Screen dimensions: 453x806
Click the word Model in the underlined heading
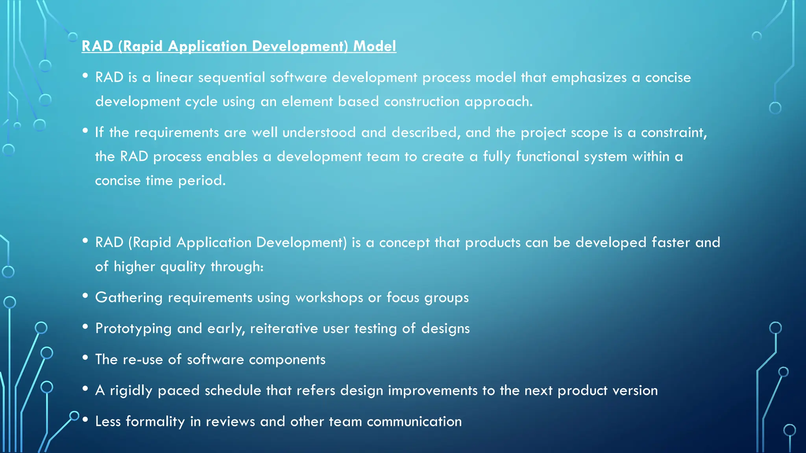374,46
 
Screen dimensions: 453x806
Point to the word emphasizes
588,77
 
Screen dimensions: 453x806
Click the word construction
421,101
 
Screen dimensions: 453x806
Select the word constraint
673,133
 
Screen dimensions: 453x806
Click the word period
201,181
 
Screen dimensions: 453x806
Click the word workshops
329,298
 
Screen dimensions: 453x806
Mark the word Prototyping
133,329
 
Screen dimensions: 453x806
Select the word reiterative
284,328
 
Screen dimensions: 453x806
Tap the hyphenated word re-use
143,359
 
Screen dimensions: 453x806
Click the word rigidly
131,391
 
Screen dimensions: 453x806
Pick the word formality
155,422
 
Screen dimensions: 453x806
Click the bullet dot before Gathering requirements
85,296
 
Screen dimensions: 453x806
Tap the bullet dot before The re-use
85,357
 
